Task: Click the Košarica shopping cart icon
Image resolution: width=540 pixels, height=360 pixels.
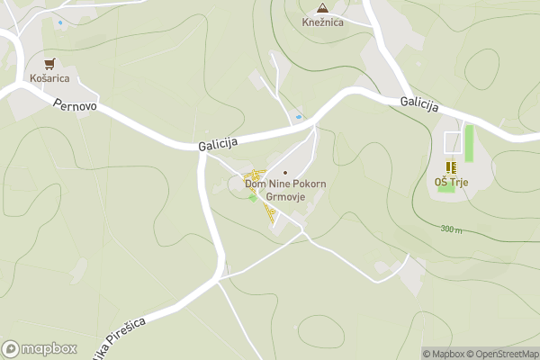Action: pos(50,63)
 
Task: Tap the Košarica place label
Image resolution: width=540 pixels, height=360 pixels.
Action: pos(50,78)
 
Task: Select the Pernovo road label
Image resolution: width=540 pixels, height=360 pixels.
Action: pos(75,104)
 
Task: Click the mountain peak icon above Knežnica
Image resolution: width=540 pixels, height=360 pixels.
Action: pos(321,6)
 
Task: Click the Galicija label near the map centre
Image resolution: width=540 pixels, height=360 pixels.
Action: pos(218,144)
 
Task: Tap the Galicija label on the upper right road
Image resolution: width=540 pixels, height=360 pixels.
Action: pos(418,104)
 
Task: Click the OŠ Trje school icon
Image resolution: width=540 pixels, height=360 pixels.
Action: pos(451,166)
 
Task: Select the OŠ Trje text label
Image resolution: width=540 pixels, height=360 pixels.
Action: pos(451,183)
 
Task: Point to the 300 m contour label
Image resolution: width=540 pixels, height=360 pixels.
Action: pos(452,229)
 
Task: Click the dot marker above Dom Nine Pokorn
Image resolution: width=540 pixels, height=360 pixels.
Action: pos(285,173)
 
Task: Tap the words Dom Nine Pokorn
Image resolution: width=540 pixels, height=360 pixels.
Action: pos(285,184)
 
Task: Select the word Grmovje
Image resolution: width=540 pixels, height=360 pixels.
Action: pos(285,196)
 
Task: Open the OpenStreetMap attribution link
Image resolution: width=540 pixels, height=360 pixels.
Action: pos(507,354)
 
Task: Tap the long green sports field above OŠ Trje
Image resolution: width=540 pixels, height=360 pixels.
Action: pos(469,141)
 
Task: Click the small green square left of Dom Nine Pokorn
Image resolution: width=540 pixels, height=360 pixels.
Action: pos(252,197)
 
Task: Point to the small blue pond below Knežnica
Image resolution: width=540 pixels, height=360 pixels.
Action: pos(299,117)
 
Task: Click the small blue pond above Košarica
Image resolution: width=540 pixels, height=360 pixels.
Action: pos(60,22)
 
